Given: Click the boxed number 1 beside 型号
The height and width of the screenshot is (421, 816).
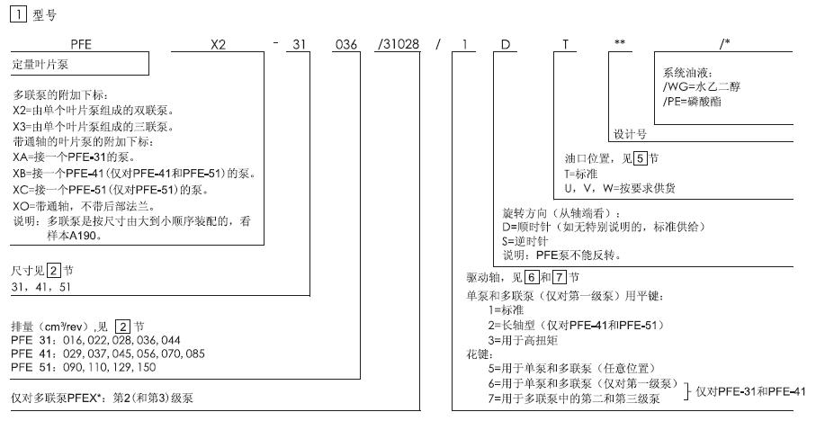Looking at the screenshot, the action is [18, 14].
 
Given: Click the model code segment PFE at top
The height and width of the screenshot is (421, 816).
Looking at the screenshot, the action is [81, 45].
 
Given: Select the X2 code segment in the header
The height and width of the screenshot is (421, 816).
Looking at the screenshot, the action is [218, 45].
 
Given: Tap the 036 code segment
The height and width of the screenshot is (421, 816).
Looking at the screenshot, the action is [346, 45].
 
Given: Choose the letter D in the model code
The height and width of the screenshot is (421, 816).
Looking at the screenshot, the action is [506, 45].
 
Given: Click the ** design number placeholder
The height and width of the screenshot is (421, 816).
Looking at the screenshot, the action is [619, 42].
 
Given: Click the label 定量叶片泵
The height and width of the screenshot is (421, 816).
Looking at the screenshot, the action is [40, 65].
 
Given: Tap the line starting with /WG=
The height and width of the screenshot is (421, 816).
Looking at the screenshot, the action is [701, 87].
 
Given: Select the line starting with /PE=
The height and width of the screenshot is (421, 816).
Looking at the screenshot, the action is [692, 102].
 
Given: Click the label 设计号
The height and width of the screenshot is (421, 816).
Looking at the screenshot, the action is [630, 134].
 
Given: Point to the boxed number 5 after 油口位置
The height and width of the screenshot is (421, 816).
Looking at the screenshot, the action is [641, 157].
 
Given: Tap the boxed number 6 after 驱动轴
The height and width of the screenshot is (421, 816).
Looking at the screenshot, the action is [531, 277].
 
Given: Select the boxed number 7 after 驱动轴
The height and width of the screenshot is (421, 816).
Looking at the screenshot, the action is [559, 277].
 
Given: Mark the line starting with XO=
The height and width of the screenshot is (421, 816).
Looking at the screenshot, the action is [84, 206].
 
